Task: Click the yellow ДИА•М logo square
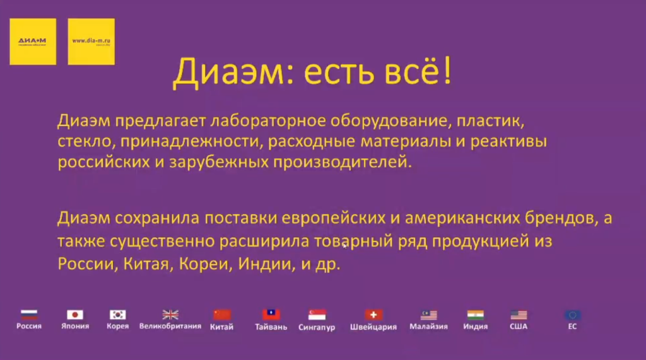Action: click(x=33, y=42)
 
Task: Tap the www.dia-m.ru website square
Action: click(x=91, y=42)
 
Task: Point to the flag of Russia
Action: click(x=29, y=314)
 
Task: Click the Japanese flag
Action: click(x=75, y=314)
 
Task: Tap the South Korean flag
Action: click(x=118, y=314)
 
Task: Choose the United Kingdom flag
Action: click(x=170, y=314)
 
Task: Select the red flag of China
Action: click(x=222, y=314)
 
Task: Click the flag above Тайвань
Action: click(x=271, y=314)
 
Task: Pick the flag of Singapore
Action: click(x=317, y=314)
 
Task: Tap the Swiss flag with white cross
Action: click(x=373, y=314)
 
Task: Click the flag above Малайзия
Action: click(x=429, y=314)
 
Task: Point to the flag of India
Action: click(x=476, y=314)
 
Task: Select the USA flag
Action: click(x=519, y=314)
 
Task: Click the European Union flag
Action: click(x=572, y=314)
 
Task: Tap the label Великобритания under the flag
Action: click(x=170, y=327)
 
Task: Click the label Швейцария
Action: click(x=373, y=327)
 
